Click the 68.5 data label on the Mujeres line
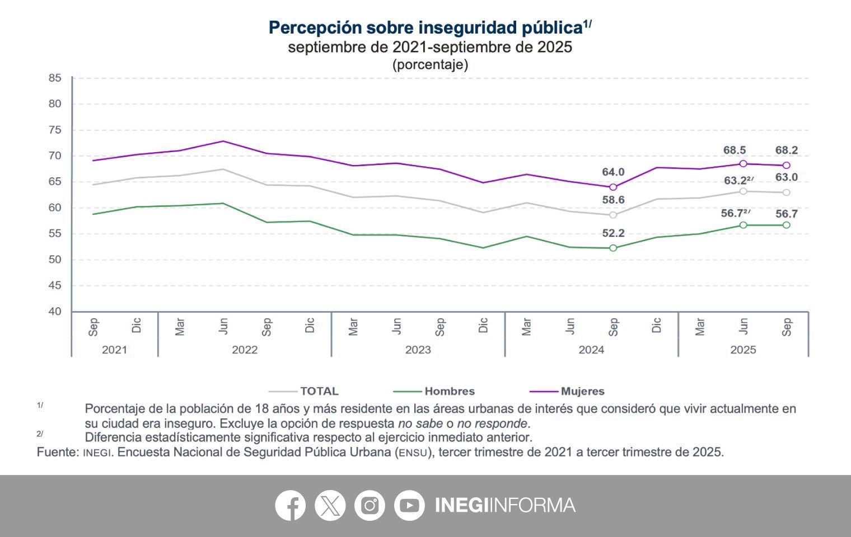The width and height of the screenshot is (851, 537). pos(735,150)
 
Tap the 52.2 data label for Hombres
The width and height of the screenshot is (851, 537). pos(613,233)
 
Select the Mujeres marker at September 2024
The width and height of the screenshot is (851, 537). pos(613,187)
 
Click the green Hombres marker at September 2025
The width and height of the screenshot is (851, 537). pos(787,225)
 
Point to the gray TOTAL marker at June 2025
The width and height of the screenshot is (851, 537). pos(743,191)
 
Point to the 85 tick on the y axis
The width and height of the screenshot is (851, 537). pos(54,78)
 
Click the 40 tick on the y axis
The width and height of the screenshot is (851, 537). pos(54,312)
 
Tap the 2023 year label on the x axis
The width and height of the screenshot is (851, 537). pos(418,350)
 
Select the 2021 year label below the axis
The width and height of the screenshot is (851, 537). pos(114,350)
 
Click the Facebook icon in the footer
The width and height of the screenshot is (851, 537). pos(290,506)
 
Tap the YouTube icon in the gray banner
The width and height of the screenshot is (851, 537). pos(409,506)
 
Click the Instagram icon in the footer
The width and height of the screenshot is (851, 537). pos(370,506)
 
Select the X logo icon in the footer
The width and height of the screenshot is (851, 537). pos(330,506)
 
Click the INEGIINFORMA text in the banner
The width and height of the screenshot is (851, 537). pos(505,506)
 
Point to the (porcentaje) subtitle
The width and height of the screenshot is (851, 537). pos(430,65)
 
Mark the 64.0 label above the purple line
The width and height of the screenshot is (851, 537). pos(613,172)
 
